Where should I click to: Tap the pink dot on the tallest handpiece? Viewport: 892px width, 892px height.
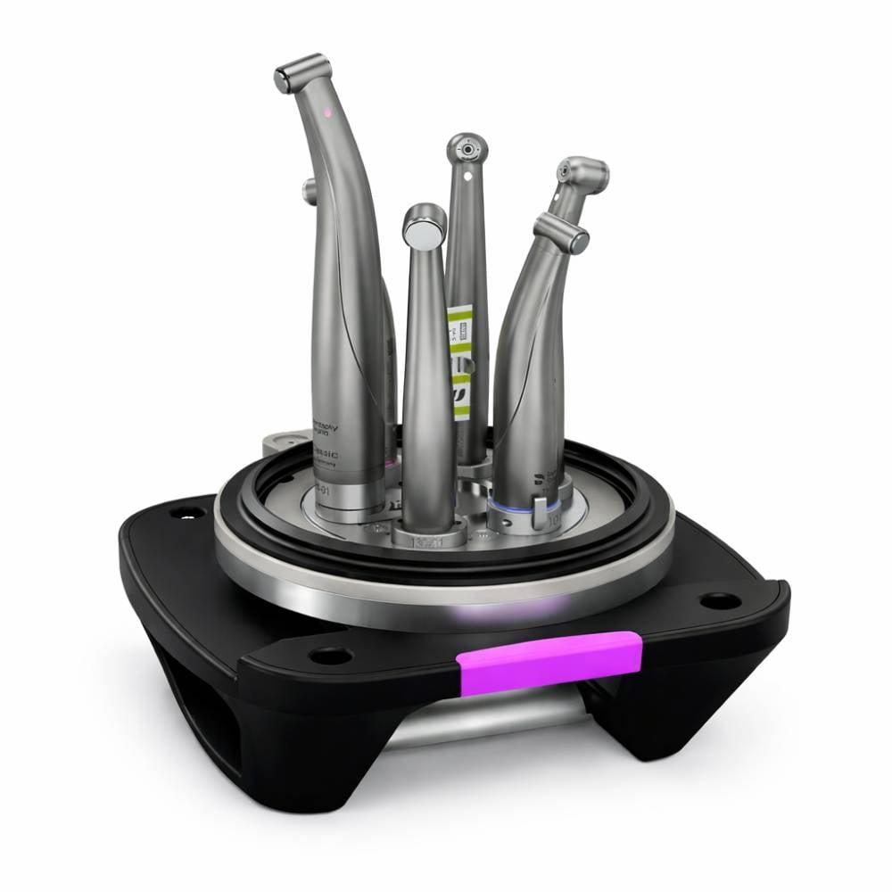[x=327, y=113]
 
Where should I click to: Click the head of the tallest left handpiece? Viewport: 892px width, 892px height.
[x=301, y=72]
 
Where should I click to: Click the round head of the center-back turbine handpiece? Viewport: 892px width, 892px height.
[x=467, y=149]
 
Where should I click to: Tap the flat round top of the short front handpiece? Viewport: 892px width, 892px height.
[x=424, y=225]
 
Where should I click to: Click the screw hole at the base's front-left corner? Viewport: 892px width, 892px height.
[x=330, y=656]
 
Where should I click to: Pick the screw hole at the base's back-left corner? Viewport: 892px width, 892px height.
[x=187, y=513]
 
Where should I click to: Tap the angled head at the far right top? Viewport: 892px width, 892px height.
[x=581, y=172]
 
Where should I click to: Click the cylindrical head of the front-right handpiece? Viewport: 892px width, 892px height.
[x=561, y=231]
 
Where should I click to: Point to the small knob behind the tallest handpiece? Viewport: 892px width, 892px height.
[x=309, y=190]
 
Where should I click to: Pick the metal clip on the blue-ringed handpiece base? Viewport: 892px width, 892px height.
[x=539, y=512]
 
